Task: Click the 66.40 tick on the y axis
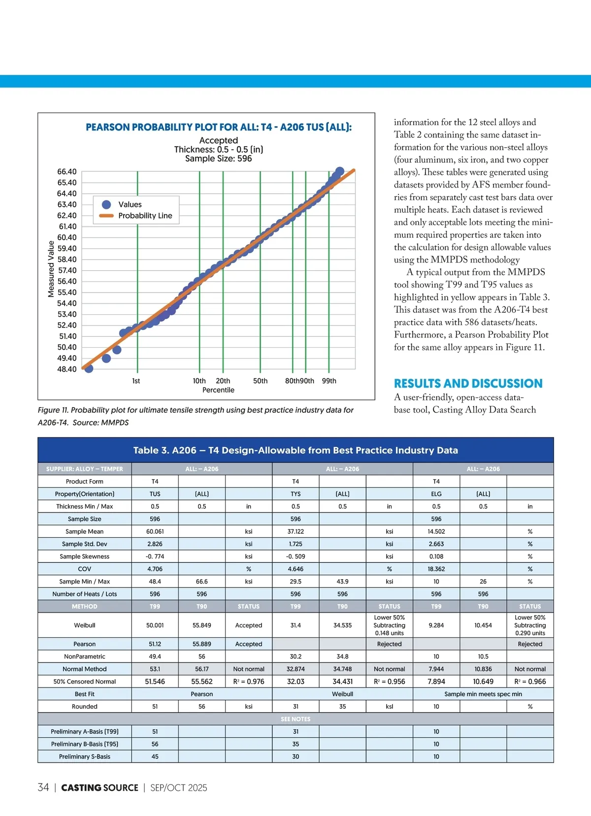pyautogui.click(x=67, y=172)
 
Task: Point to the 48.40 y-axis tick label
pyautogui.click(x=67, y=369)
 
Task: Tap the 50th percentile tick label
pyautogui.click(x=260, y=381)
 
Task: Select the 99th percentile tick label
pyautogui.click(x=329, y=381)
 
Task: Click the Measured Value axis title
pyautogui.click(x=51, y=269)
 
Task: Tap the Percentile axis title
pyautogui.click(x=218, y=390)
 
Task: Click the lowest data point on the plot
pyautogui.click(x=89, y=368)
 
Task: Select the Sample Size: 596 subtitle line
pyautogui.click(x=218, y=159)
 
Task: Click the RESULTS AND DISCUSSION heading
pyautogui.click(x=468, y=384)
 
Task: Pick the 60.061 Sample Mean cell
pyautogui.click(x=155, y=531)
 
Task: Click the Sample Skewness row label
pyautogui.click(x=85, y=556)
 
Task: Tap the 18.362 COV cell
pyautogui.click(x=436, y=569)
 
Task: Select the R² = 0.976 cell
pyautogui.click(x=248, y=682)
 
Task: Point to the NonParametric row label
pyautogui.click(x=85, y=656)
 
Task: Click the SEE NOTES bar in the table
pyautogui.click(x=295, y=719)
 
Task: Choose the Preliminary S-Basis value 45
pyautogui.click(x=155, y=756)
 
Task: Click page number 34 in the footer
pyautogui.click(x=43, y=787)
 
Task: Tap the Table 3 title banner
pyautogui.click(x=295, y=450)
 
